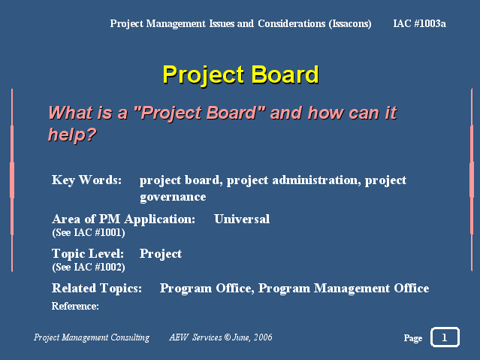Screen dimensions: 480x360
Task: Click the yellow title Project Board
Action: (x=240, y=74)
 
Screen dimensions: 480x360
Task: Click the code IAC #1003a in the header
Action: (x=419, y=23)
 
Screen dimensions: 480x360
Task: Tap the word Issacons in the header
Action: (x=350, y=24)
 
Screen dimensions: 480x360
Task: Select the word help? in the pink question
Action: (x=72, y=135)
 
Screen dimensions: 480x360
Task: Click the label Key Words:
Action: (x=86, y=180)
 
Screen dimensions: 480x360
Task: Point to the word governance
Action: (x=173, y=197)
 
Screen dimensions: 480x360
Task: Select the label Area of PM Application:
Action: (x=123, y=219)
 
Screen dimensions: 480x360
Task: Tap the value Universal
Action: (x=242, y=219)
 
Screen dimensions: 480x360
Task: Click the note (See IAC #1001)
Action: (x=89, y=233)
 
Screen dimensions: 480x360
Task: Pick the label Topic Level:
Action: (x=88, y=254)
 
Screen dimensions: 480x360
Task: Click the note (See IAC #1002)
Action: (x=89, y=267)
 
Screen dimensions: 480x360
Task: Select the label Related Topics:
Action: (x=97, y=289)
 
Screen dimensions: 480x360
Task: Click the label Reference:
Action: (x=75, y=306)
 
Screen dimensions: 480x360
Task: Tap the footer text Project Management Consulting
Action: (x=92, y=337)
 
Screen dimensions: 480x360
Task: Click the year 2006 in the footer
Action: (x=263, y=337)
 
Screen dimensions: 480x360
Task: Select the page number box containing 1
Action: (x=445, y=337)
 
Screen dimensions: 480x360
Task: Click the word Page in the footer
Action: (x=413, y=338)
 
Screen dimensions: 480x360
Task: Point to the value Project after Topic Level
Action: (x=161, y=254)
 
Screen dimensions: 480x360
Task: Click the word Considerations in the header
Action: (x=291, y=23)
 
